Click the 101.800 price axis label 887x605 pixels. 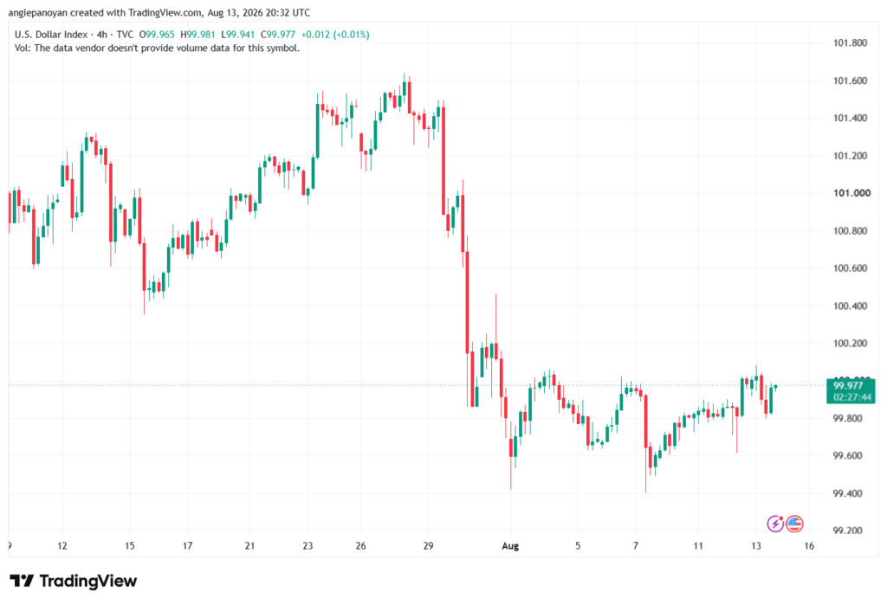coord(850,43)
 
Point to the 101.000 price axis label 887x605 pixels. coord(851,193)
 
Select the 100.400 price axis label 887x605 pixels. coord(850,306)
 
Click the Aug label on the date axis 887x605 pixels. coord(510,546)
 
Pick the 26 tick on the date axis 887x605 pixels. coord(361,546)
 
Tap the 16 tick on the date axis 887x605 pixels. coord(810,546)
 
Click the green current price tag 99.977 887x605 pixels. coord(848,386)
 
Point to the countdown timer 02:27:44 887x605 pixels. coord(852,397)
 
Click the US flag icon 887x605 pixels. coord(794,525)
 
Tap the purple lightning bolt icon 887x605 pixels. coord(775,525)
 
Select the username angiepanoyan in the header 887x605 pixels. coord(37,12)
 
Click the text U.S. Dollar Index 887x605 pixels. coord(51,35)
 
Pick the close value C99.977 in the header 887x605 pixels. coord(278,35)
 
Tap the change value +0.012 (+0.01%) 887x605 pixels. coord(335,35)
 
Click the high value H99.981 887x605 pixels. coord(197,35)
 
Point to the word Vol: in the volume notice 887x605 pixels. coord(22,48)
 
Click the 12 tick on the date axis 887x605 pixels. coord(62,546)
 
